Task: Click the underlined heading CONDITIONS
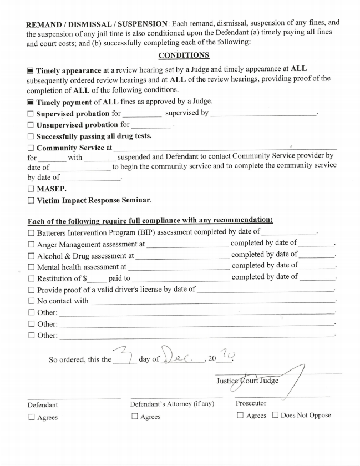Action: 184,55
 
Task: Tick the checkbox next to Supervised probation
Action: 31,114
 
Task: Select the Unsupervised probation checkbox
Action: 31,125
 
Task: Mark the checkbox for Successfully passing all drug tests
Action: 31,136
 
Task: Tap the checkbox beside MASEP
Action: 31,189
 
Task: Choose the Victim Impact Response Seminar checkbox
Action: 31,200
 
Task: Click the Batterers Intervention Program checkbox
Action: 31,232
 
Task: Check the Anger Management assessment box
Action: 31,244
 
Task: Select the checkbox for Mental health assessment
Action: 31,267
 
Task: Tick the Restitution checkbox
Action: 31,278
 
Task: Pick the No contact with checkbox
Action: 31,301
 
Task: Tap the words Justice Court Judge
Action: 247,381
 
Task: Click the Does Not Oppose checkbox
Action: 275,416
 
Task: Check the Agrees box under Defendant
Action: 31,417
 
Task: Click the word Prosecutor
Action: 251,403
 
